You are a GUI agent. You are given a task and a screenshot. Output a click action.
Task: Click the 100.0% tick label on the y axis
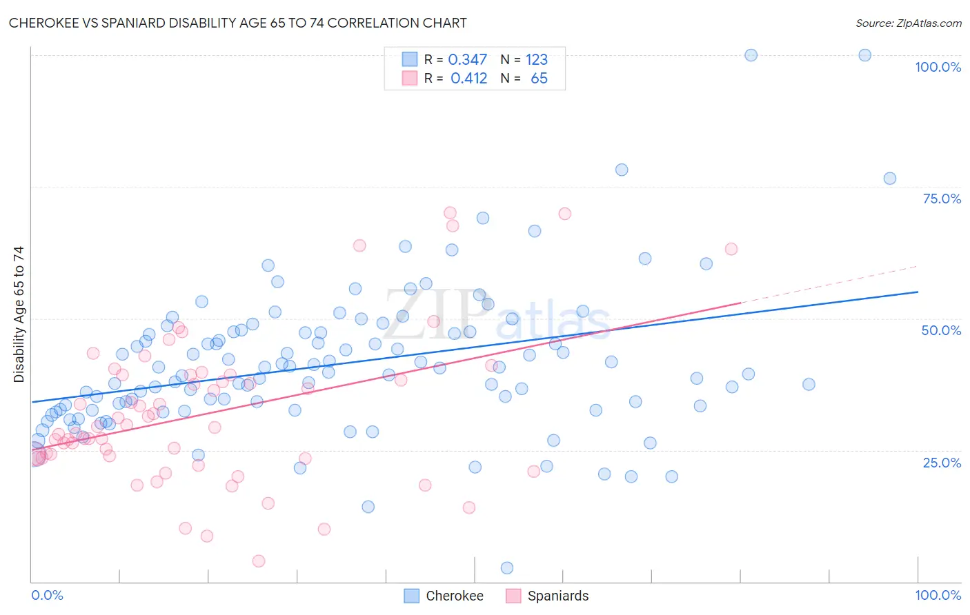[938, 67]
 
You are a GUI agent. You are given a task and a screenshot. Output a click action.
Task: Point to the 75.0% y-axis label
[942, 199]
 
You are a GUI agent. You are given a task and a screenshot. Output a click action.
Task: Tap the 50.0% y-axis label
[941, 330]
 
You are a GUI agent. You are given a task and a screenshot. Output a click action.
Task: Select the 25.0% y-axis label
[942, 463]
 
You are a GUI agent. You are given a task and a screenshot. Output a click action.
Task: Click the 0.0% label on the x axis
[47, 595]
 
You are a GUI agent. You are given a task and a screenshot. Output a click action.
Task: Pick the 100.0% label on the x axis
[938, 595]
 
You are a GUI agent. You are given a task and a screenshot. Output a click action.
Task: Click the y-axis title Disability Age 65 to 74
[19, 314]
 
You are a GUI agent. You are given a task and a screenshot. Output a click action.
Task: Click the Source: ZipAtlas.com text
[908, 23]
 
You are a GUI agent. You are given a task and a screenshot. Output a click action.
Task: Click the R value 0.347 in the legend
[467, 60]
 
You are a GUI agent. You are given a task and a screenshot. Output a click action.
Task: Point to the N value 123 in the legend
[536, 60]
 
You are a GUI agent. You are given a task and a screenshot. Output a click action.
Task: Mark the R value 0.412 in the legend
[468, 79]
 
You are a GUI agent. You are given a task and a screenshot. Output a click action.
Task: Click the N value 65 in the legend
[539, 79]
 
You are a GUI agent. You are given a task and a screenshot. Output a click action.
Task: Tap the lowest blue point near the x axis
[507, 568]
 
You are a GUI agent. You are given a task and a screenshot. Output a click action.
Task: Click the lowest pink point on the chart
[259, 561]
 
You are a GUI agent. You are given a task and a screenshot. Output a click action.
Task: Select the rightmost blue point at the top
[864, 55]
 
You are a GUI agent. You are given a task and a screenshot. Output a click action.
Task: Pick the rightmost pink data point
[731, 249]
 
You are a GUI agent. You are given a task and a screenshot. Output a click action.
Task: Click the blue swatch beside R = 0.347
[410, 60]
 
